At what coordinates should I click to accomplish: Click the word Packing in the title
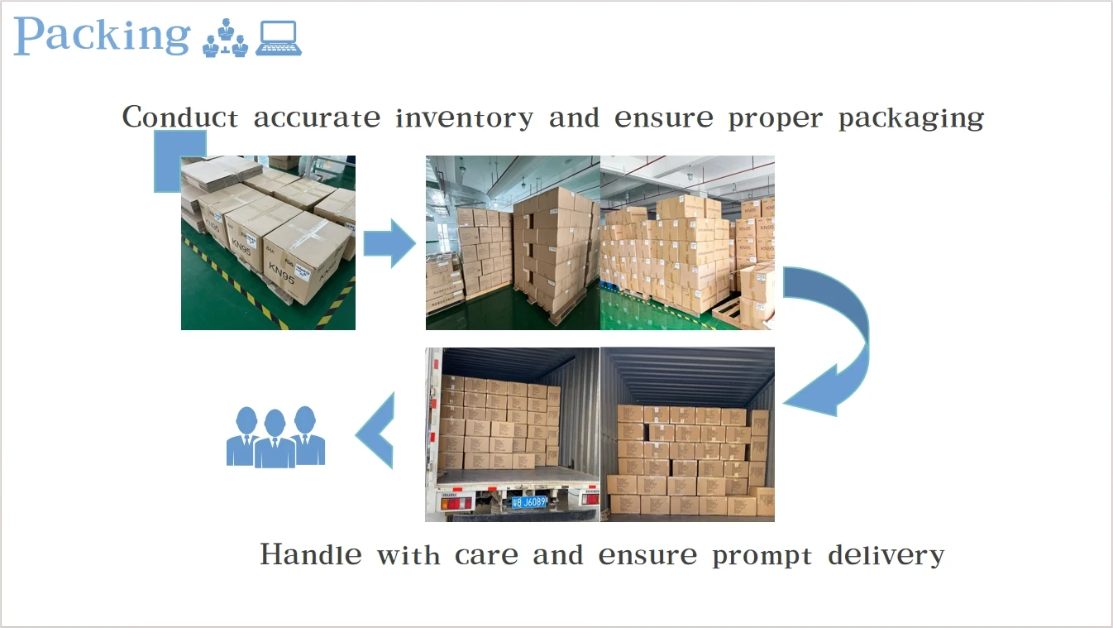(102, 36)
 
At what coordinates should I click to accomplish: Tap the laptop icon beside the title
(278, 38)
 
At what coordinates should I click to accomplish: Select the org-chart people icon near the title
(225, 38)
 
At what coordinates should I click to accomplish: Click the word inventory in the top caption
(464, 117)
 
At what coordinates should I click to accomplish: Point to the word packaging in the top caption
(911, 119)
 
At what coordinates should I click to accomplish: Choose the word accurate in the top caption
(317, 117)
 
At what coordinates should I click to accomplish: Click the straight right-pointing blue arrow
(389, 243)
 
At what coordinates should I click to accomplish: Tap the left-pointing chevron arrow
(375, 431)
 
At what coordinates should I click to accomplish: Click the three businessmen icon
(275, 436)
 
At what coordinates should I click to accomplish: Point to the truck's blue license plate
(529, 501)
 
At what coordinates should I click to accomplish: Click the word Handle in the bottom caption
(310, 554)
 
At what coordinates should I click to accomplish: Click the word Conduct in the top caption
(180, 117)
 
